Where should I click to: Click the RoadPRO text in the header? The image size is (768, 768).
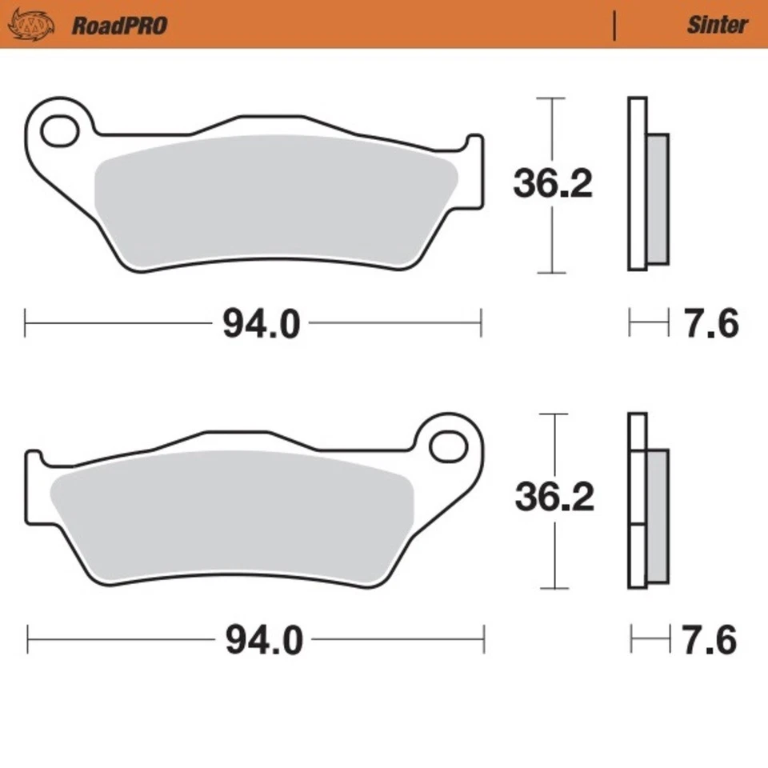120,26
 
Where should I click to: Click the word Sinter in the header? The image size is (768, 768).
717,25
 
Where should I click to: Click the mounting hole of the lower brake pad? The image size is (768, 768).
448,446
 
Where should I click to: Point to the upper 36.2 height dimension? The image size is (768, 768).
552,185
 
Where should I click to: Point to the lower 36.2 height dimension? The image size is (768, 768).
554,498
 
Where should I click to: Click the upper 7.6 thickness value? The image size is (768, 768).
710,324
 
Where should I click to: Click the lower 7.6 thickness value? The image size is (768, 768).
710,640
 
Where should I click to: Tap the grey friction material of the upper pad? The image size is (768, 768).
272,200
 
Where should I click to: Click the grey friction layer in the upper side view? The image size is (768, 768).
656,200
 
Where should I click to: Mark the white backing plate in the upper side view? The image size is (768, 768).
637,184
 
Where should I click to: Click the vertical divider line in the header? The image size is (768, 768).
614,26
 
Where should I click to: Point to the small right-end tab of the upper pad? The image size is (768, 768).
474,172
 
